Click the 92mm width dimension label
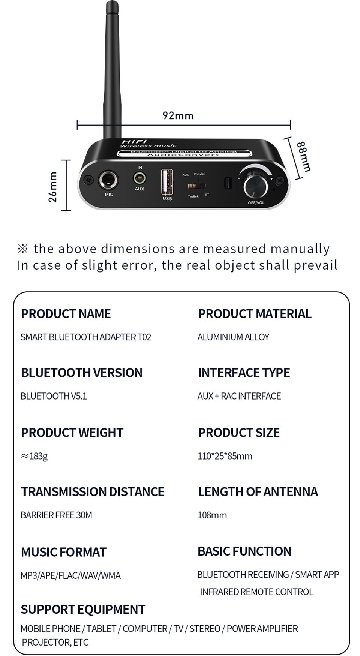[178, 115]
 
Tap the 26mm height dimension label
[53, 187]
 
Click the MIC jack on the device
[108, 181]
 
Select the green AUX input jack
[139, 178]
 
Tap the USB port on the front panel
[167, 182]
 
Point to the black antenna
[112, 71]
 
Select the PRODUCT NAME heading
[66, 314]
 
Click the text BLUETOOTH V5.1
[54, 396]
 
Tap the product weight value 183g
[34, 456]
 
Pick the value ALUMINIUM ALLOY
[233, 337]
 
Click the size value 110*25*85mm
[225, 456]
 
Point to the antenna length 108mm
[212, 515]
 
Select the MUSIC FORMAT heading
[64, 552]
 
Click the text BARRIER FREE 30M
[56, 515]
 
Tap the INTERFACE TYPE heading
[244, 373]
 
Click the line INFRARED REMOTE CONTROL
[256, 592]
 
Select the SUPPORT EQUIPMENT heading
[83, 610]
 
